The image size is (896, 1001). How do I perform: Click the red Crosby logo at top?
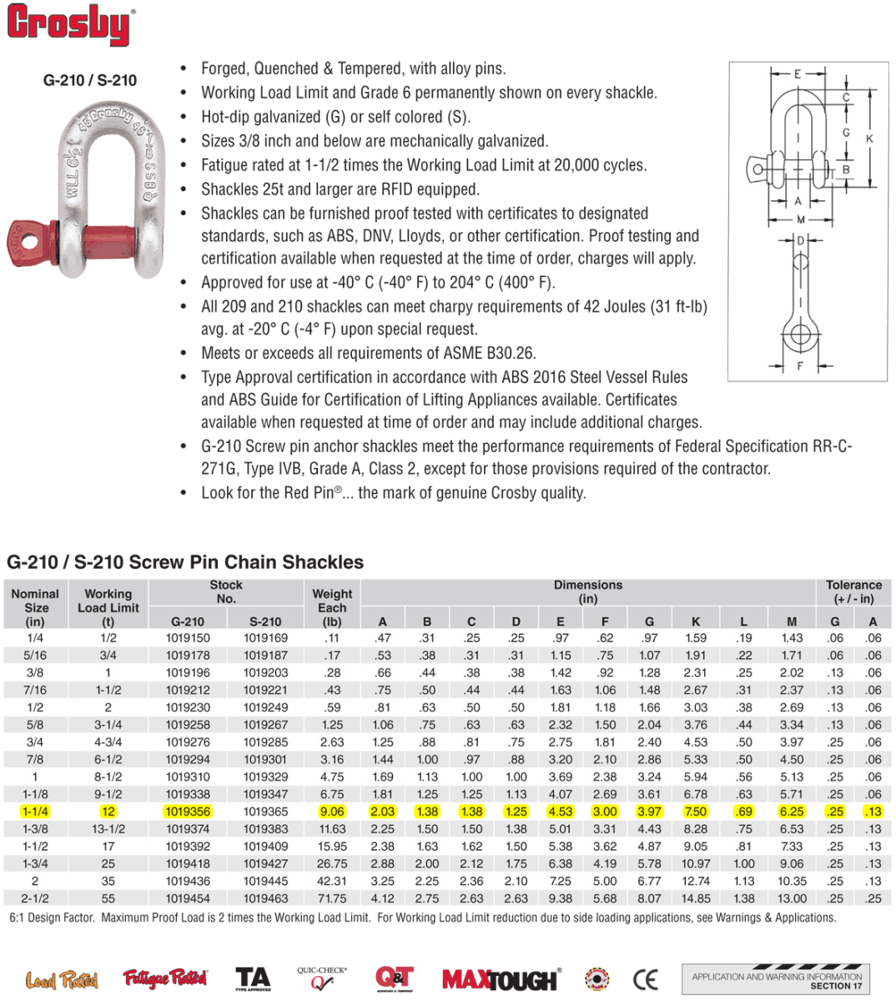pyautogui.click(x=70, y=25)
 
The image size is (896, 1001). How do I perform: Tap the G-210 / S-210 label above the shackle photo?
pyautogui.click(x=90, y=80)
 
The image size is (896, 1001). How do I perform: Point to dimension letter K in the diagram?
pyautogui.click(x=869, y=138)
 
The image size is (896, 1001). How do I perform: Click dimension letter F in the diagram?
pyautogui.click(x=800, y=366)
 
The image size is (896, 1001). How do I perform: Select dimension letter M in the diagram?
pyautogui.click(x=801, y=219)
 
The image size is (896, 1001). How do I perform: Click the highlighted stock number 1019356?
pyautogui.click(x=188, y=812)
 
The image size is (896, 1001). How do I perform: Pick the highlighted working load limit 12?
pyautogui.click(x=108, y=812)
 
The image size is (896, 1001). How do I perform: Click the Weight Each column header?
pyautogui.click(x=332, y=607)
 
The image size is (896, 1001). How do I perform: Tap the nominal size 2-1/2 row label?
pyautogui.click(x=35, y=898)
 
